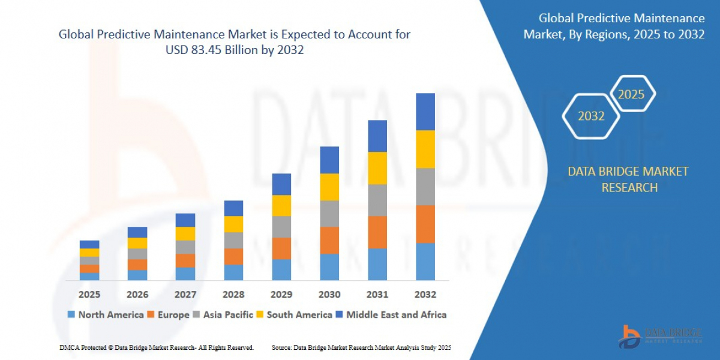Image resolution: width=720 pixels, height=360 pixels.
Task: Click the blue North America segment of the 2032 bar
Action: pyautogui.click(x=425, y=261)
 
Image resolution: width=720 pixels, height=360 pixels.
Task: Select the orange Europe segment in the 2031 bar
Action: pyautogui.click(x=377, y=232)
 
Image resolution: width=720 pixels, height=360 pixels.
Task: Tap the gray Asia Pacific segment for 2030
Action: pyautogui.click(x=329, y=214)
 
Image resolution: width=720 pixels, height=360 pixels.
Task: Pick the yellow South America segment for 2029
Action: pyautogui.click(x=281, y=205)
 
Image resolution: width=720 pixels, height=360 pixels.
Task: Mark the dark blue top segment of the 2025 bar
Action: pyautogui.click(x=89, y=244)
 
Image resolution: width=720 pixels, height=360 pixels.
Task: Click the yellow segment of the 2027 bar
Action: pyautogui.click(x=185, y=233)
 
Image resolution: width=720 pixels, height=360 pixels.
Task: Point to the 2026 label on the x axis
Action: pyautogui.click(x=137, y=295)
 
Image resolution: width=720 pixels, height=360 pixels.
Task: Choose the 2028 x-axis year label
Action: pyautogui.click(x=233, y=295)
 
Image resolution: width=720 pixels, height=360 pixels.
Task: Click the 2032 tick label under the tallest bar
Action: pyautogui.click(x=425, y=295)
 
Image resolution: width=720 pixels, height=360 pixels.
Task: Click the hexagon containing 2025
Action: pyautogui.click(x=631, y=94)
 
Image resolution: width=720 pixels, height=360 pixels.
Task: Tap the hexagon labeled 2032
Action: pyautogui.click(x=591, y=116)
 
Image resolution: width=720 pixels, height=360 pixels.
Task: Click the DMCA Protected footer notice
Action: pyautogui.click(x=157, y=347)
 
